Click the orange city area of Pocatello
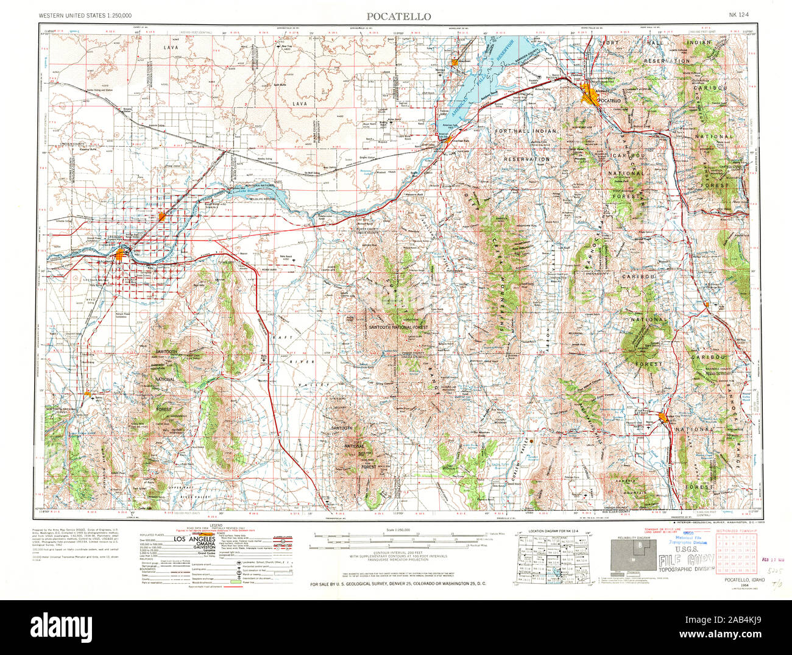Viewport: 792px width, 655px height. pos(590,96)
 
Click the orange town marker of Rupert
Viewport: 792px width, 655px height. pos(161,216)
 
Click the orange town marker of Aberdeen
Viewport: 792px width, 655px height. pos(454,62)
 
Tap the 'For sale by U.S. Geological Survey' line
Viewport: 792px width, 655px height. pos(402,584)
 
